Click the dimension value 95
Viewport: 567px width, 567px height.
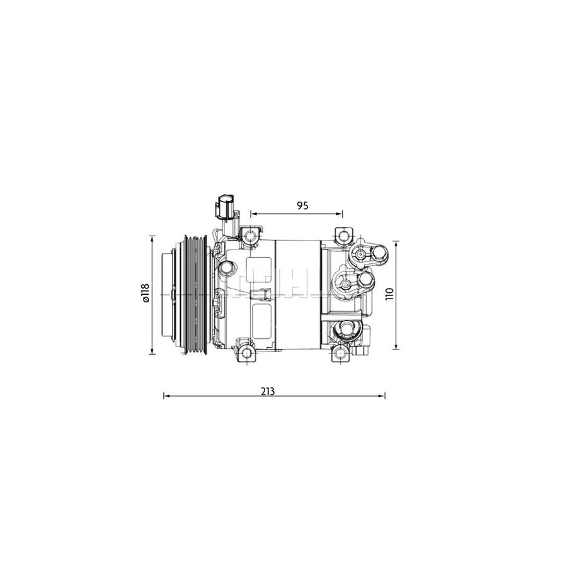(302, 205)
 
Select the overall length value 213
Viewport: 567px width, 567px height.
(268, 391)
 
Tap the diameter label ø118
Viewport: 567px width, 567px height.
(145, 294)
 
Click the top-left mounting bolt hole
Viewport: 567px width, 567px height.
(251, 237)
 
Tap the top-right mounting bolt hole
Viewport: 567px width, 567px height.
(343, 237)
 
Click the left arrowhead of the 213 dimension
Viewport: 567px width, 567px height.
(166, 396)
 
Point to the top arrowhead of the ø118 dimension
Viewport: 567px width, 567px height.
(152, 238)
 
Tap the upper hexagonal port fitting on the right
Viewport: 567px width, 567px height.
(362, 255)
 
